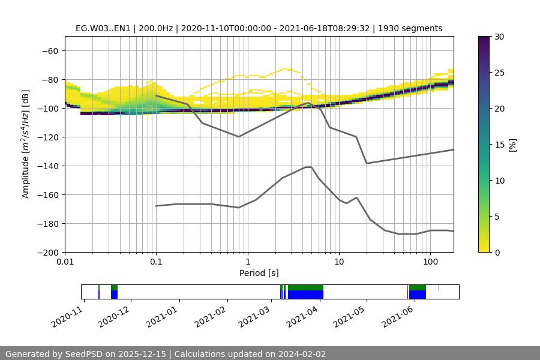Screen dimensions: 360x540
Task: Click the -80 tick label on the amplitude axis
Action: point(49,80)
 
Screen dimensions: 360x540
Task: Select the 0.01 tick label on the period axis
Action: point(65,262)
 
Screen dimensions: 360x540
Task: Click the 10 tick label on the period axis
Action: point(339,262)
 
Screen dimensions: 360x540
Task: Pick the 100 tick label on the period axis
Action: point(430,262)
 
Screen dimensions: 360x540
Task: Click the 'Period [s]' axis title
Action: point(259,273)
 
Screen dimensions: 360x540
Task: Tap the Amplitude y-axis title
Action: point(26,144)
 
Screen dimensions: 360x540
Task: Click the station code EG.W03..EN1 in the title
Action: point(103,28)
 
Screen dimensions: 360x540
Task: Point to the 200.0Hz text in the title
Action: point(157,28)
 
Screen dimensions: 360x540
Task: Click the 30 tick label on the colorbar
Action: point(499,37)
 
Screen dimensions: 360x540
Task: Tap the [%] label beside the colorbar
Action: point(512,145)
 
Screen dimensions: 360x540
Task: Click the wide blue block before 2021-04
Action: point(305,295)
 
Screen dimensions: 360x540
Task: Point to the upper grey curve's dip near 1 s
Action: point(239,136)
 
